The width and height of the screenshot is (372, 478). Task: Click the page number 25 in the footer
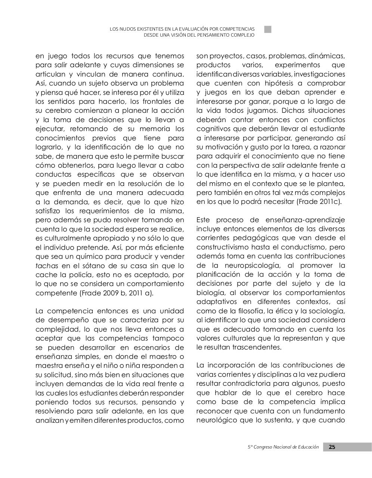click(332, 447)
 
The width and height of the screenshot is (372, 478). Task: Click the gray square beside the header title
click(268, 30)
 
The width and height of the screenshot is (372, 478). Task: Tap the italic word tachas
click(47, 266)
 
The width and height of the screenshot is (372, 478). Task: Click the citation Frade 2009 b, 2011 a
click(116, 293)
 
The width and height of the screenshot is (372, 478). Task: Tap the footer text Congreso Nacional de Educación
click(286, 447)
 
